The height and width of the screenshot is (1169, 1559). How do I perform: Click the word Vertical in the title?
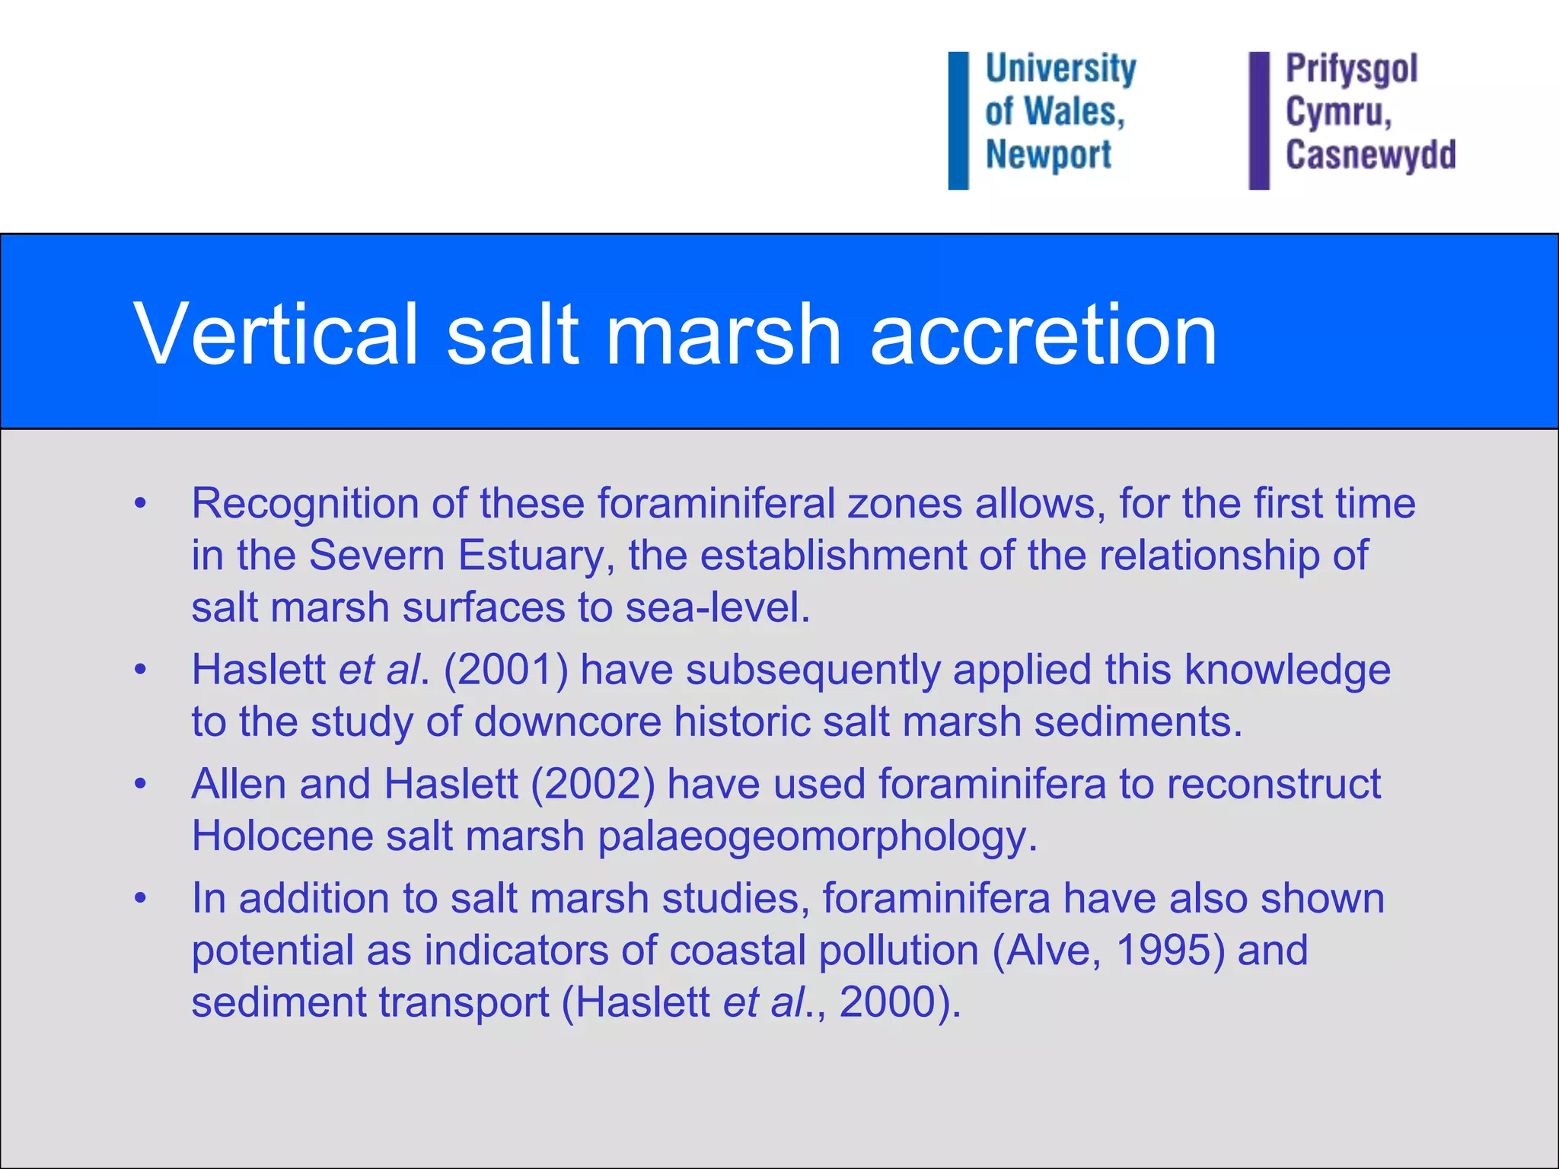click(x=276, y=333)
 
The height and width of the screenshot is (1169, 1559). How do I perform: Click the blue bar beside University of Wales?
click(x=958, y=120)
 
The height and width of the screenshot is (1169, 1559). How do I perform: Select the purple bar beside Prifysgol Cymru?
click(x=1259, y=120)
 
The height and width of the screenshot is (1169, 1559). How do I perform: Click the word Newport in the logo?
click(x=1048, y=155)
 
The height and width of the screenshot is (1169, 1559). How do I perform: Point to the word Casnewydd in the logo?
click(x=1370, y=154)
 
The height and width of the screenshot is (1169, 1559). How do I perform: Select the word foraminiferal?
click(x=716, y=503)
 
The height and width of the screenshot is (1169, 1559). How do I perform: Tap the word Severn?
click(x=377, y=555)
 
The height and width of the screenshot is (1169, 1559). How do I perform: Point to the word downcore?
click(x=568, y=721)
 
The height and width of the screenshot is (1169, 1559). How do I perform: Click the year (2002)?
click(x=592, y=784)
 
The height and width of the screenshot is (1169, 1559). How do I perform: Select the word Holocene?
click(x=282, y=836)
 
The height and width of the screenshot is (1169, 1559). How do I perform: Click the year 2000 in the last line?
click(x=887, y=1002)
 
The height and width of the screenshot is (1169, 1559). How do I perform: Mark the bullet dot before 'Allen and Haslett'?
click(x=139, y=784)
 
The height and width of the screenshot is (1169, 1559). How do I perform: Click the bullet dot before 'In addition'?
click(x=139, y=898)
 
